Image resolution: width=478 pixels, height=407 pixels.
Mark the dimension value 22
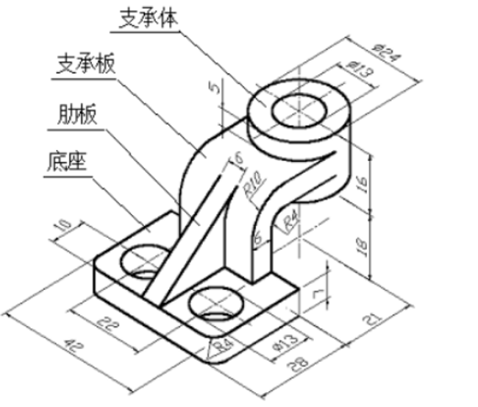[108, 321]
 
